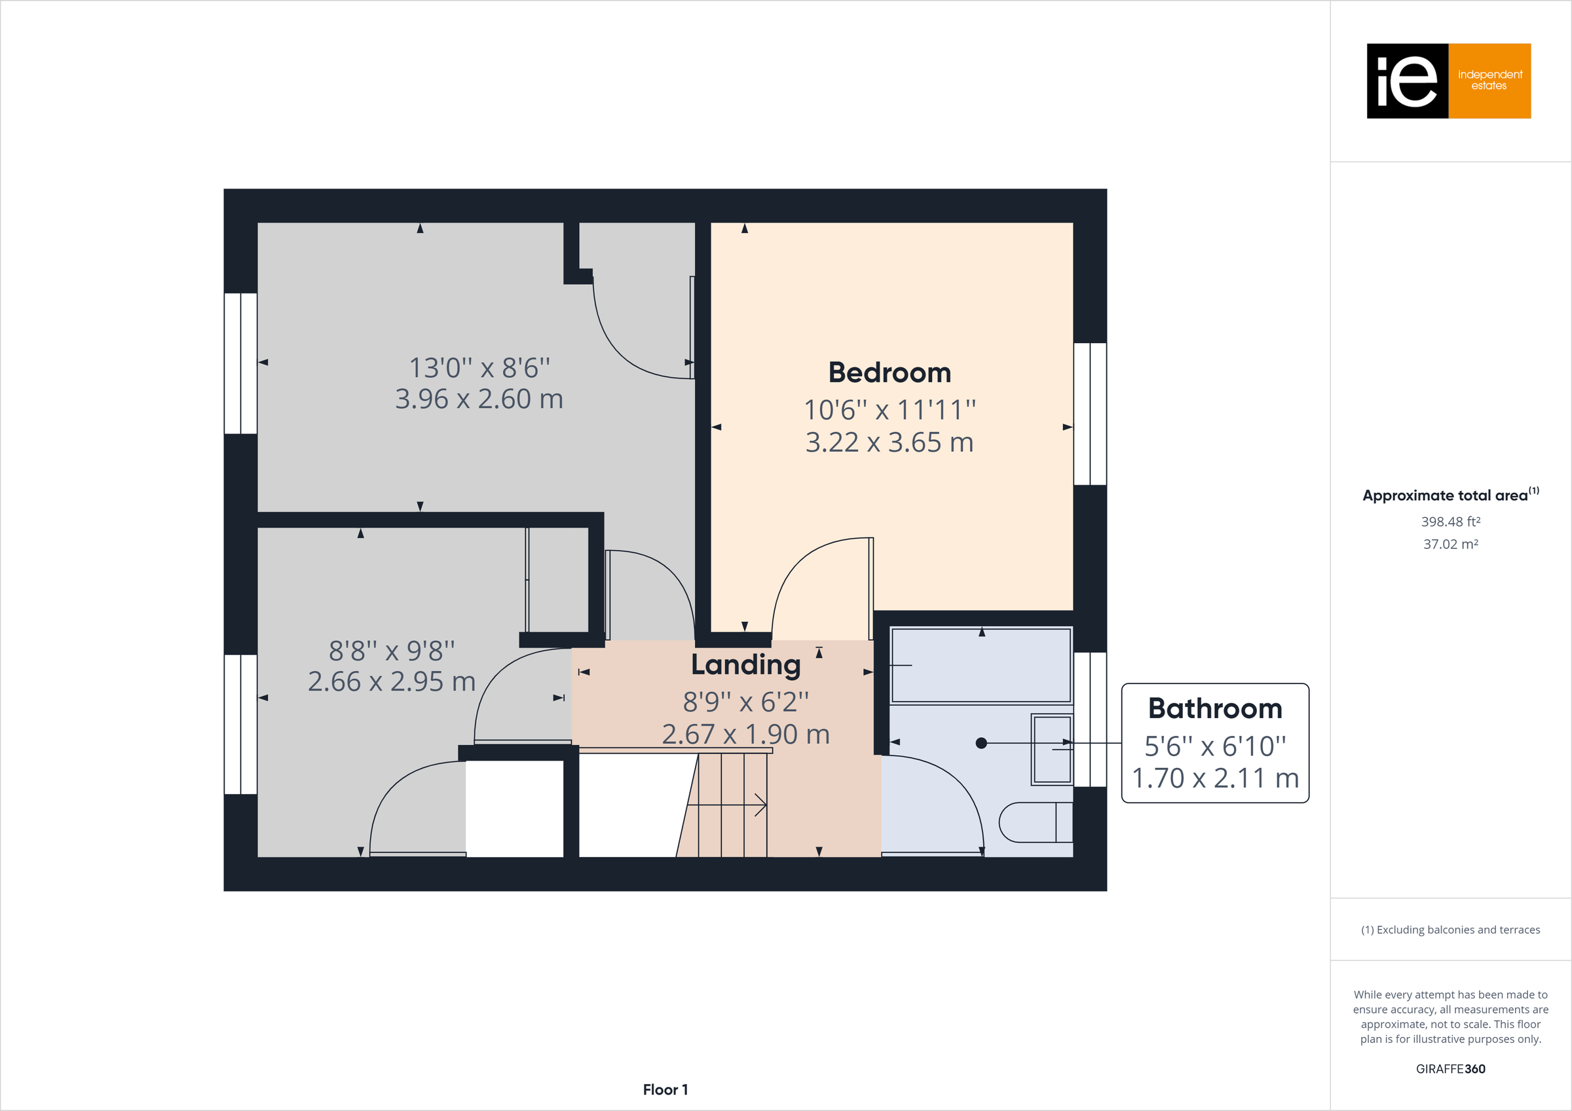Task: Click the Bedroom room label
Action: [889, 373]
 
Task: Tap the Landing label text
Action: [745, 665]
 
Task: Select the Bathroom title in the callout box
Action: [1214, 708]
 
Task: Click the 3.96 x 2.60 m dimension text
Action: [479, 399]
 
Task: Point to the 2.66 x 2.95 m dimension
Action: [391, 682]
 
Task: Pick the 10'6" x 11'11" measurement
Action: [889, 410]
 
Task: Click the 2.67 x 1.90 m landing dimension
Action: [745, 735]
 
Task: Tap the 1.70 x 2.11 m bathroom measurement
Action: [1214, 778]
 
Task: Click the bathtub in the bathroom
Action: [981, 665]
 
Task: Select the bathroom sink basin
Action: [1052, 750]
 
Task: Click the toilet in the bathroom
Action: [1034, 822]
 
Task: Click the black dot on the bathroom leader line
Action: [981, 742]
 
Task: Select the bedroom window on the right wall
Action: [1089, 414]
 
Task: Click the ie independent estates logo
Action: [1448, 81]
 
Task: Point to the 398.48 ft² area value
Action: [1450, 522]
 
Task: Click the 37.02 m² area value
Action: [1450, 544]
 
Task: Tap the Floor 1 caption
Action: [665, 1090]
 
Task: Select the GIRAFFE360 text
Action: [1450, 1068]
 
